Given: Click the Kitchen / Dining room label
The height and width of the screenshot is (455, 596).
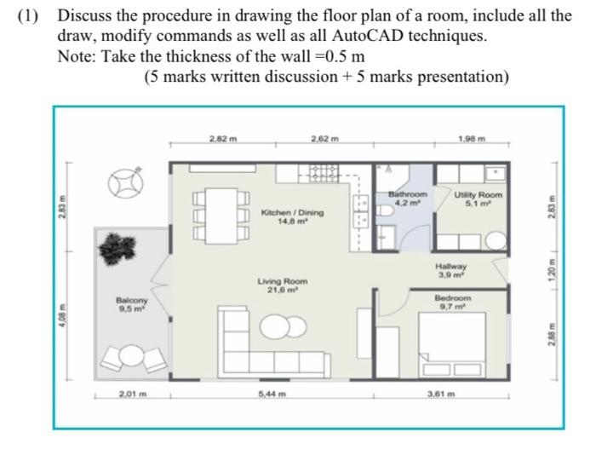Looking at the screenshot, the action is (x=292, y=216).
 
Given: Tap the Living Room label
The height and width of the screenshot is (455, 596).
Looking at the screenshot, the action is (x=282, y=285).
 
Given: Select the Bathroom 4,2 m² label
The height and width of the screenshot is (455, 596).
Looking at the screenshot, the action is (x=408, y=199).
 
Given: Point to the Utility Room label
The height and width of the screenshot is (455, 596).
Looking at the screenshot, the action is (x=479, y=199).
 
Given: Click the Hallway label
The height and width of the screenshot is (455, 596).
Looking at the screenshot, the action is (x=450, y=270).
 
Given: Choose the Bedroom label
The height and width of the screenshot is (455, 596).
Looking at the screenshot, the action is (x=453, y=302).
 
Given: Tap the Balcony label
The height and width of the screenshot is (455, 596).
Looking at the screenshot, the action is (x=131, y=304).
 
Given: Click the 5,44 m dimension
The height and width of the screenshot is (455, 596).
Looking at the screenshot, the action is (x=272, y=395).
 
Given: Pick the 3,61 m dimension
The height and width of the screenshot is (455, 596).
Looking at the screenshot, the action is (x=441, y=395).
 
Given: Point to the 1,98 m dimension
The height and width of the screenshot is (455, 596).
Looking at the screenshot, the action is (x=472, y=139).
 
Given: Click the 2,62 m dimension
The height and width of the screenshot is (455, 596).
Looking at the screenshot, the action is (x=324, y=139).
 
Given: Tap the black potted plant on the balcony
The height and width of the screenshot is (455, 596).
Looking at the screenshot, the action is (x=117, y=249).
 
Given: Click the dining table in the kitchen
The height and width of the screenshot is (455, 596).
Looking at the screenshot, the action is (x=221, y=216).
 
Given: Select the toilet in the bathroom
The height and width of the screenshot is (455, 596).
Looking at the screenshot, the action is (x=386, y=211).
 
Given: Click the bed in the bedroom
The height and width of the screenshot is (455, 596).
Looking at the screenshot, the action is (x=452, y=345).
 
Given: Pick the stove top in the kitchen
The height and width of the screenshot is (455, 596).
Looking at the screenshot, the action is (x=324, y=173).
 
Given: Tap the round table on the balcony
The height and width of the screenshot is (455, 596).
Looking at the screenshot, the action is (x=132, y=355).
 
